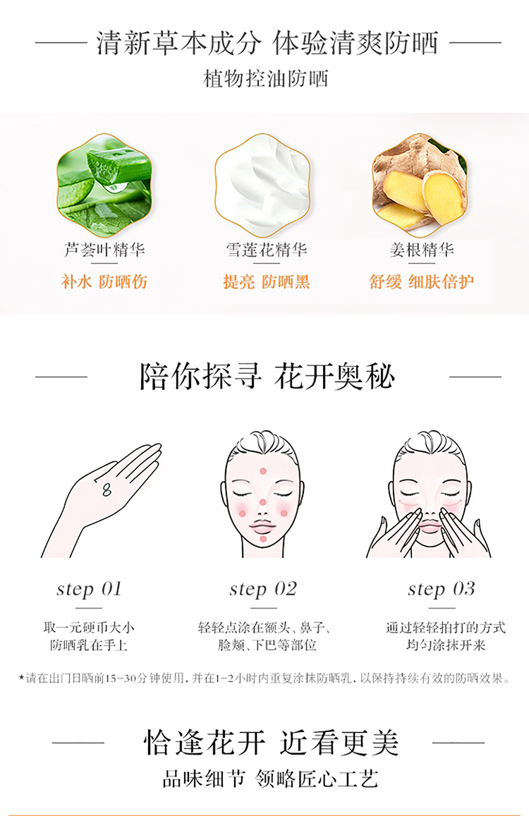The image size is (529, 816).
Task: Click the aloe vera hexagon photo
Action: pyautogui.click(x=104, y=185)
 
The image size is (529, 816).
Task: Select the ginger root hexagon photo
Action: pyautogui.click(x=420, y=185)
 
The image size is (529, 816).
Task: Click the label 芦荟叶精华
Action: pyautogui.click(x=104, y=250)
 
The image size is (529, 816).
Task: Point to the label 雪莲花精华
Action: pyautogui.click(x=266, y=250)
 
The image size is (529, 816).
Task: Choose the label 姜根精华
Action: pyautogui.click(x=422, y=250)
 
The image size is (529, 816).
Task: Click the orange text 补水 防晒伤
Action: pyautogui.click(x=104, y=281)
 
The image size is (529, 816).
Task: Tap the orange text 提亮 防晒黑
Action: pyautogui.click(x=266, y=281)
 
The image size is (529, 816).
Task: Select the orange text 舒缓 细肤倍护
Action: pyautogui.click(x=422, y=281)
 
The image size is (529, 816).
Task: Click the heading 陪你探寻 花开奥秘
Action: pyautogui.click(x=267, y=376)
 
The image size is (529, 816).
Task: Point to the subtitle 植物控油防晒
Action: pyautogui.click(x=265, y=79)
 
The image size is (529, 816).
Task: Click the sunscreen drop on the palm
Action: pyautogui.click(x=107, y=489)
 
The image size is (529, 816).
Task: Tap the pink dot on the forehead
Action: pyautogui.click(x=263, y=471)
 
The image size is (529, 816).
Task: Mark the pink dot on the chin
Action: pyautogui.click(x=263, y=539)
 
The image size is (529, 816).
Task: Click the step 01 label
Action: pyautogui.click(x=89, y=589)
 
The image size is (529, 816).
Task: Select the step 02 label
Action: pyautogui.click(x=263, y=589)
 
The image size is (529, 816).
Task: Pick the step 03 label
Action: pyautogui.click(x=441, y=589)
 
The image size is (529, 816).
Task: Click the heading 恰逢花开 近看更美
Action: pyautogui.click(x=271, y=743)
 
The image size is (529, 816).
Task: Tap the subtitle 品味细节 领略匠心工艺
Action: pyautogui.click(x=270, y=779)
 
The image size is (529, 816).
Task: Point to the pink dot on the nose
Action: pyautogui.click(x=263, y=503)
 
